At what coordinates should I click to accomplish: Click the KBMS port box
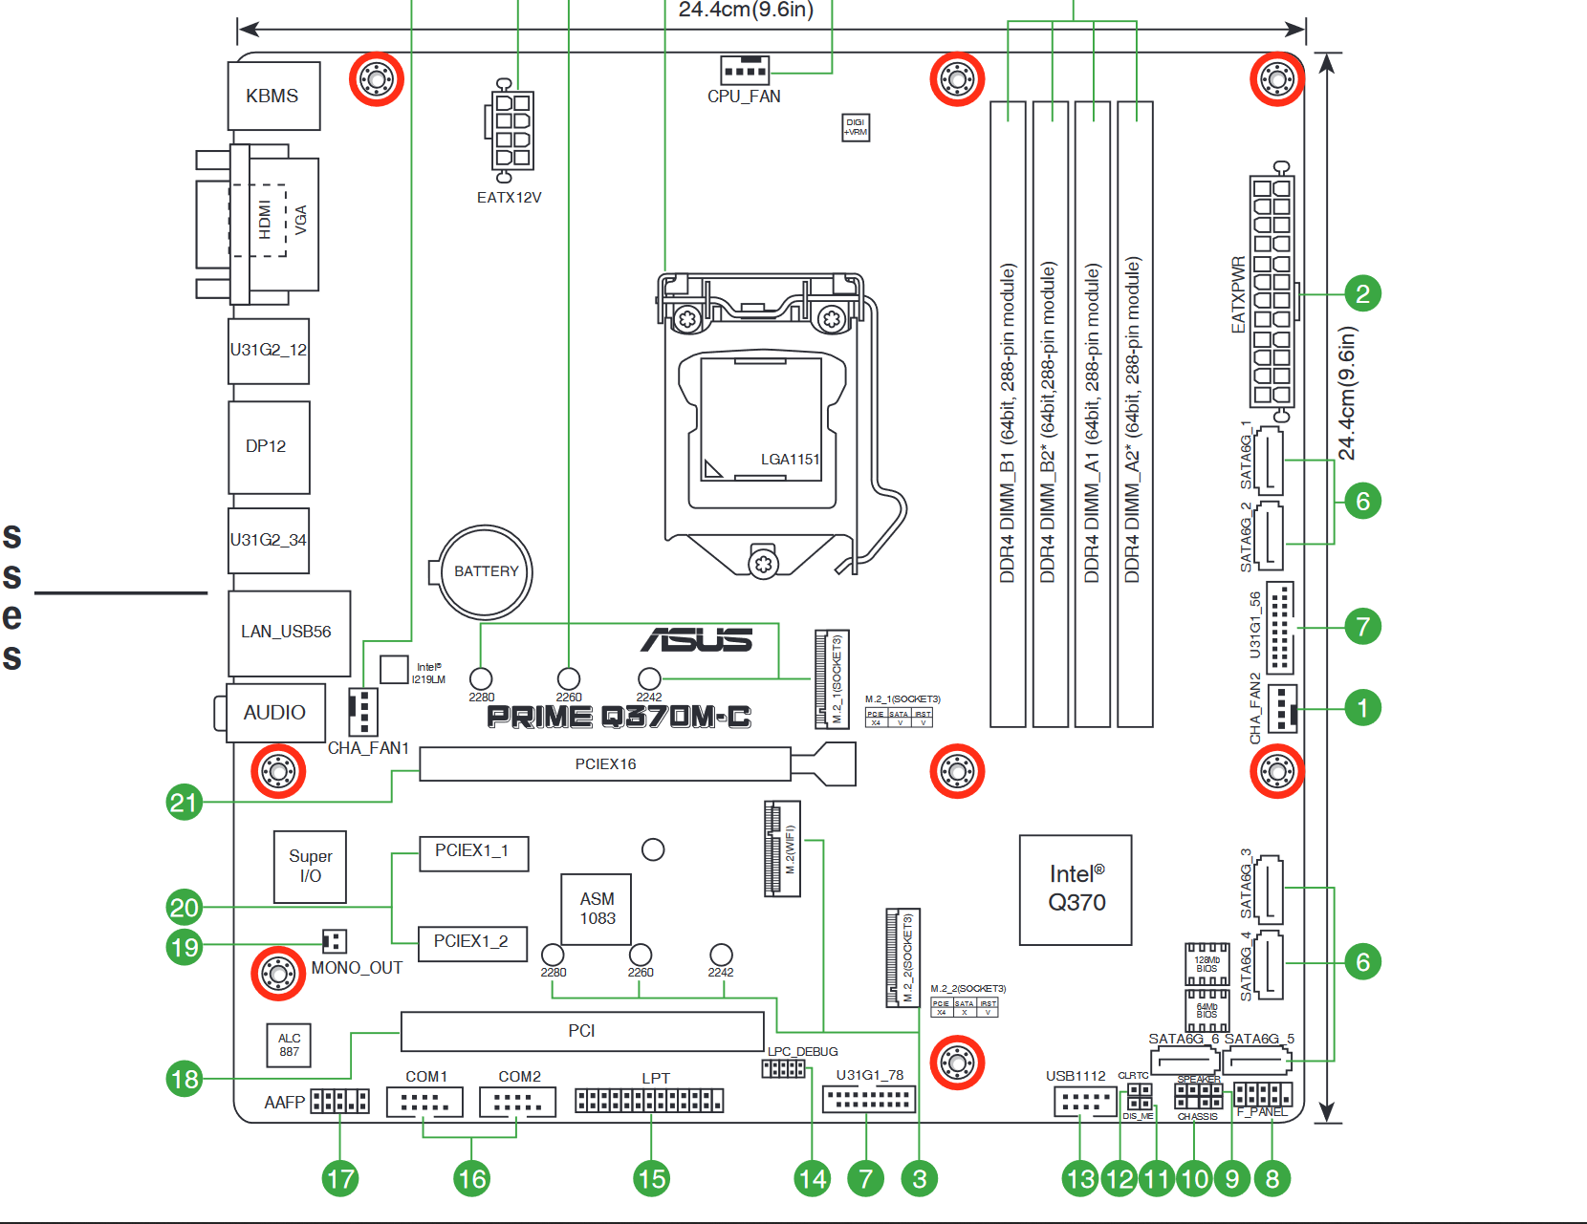273,96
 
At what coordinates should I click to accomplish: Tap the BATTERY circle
486,571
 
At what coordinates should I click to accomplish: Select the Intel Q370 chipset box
1076,890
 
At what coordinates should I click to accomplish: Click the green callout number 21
184,802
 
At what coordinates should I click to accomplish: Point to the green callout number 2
1362,293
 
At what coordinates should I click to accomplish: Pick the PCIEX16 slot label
605,764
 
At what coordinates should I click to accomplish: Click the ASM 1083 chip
597,909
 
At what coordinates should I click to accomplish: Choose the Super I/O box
310,867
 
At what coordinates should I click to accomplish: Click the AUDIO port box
275,713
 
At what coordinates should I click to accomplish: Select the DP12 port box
269,446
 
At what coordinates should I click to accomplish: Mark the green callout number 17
340,1178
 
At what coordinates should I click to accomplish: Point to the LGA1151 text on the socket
790,460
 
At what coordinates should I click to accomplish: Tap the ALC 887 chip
289,1044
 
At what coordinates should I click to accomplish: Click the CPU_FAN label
744,97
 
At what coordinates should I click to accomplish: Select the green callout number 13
1080,1178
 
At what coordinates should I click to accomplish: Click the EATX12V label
509,198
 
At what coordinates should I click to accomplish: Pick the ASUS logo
697,639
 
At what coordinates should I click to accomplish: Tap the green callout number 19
184,947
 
